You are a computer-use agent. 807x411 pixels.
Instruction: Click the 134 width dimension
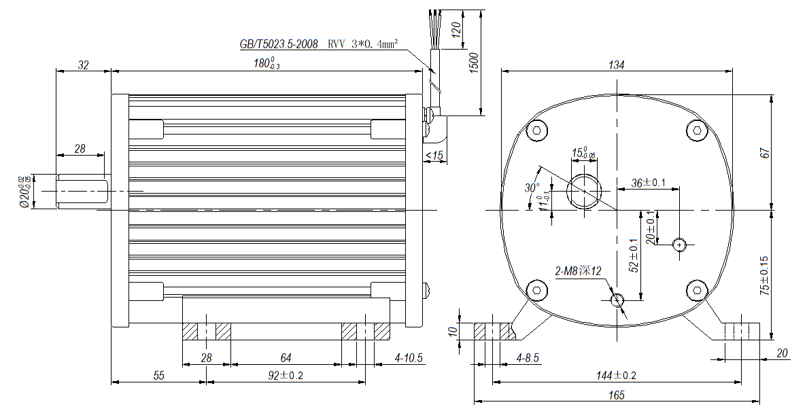[617, 65]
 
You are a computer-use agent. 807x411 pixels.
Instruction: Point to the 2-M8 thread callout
[578, 272]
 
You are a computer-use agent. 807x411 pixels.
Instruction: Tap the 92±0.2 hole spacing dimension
[286, 374]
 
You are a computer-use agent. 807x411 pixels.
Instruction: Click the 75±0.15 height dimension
[765, 274]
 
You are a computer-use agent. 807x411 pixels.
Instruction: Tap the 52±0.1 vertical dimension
[634, 255]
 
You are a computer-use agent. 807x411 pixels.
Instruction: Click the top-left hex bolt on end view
[538, 130]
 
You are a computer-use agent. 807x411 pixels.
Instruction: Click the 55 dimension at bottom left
[158, 374]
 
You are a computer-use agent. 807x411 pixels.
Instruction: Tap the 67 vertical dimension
[766, 153]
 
